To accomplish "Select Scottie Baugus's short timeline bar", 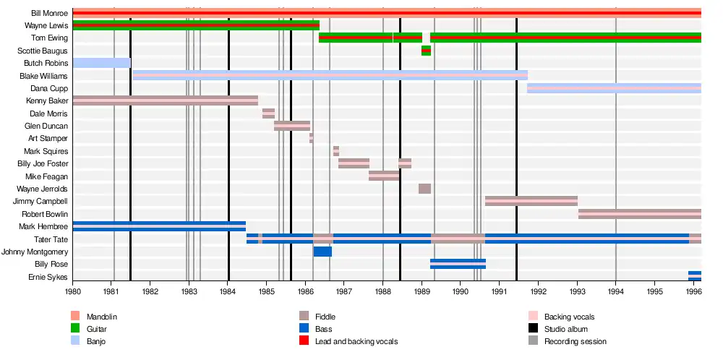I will point(426,51).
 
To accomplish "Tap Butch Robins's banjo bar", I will point(101,63).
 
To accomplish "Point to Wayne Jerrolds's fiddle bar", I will point(424,189).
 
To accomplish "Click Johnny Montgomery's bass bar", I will point(322,252).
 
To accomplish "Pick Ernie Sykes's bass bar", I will point(694,276).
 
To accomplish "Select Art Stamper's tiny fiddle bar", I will point(312,138).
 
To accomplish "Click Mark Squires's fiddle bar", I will point(336,151).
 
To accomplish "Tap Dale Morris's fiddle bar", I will point(268,113).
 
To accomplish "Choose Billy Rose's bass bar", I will point(458,264).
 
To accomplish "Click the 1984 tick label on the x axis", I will point(228,291).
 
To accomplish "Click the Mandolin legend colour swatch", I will point(75,317).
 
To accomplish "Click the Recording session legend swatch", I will point(533,340).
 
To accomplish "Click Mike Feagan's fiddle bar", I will point(384,176).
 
